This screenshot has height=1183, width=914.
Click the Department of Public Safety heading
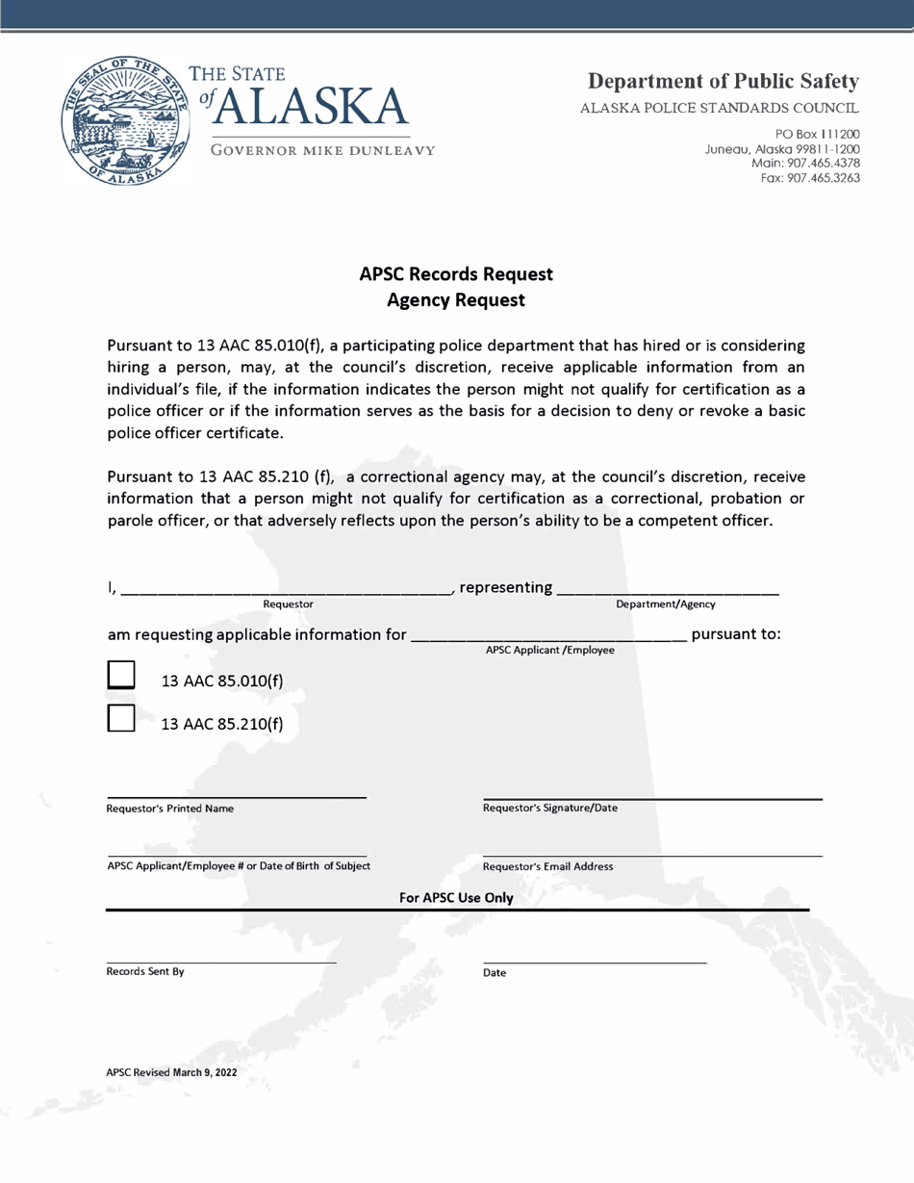click(x=724, y=79)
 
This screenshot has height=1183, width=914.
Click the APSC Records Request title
click(x=455, y=273)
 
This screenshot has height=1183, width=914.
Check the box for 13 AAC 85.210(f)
click(x=121, y=718)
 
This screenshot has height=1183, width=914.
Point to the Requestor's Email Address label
click(x=546, y=866)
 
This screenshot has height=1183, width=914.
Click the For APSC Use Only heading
click(x=455, y=898)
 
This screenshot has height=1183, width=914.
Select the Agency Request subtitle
click(x=455, y=300)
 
